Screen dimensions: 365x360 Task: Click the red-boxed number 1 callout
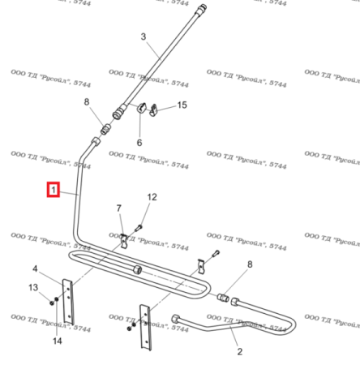tap(54, 191)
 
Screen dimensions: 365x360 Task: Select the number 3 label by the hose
tap(144, 37)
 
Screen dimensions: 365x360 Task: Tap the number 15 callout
tap(182, 105)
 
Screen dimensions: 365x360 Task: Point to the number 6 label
tap(139, 143)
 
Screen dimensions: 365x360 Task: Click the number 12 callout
tap(152, 197)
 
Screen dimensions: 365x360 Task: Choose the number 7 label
tap(118, 209)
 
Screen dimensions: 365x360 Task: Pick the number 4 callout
tap(35, 268)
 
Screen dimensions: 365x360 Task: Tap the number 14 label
tap(57, 341)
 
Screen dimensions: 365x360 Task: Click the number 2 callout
tap(239, 351)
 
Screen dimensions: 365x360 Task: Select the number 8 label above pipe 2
tap(249, 264)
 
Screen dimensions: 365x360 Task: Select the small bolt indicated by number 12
tap(138, 228)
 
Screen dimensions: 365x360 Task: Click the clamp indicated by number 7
tap(123, 241)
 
